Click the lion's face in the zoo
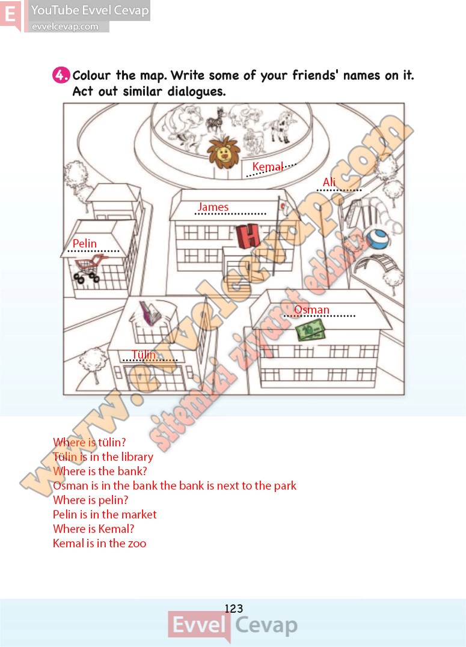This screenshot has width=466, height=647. point(224,153)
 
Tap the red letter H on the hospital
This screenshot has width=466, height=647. point(248,236)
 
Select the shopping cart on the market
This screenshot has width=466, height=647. point(88,269)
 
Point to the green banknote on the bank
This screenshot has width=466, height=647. point(310,330)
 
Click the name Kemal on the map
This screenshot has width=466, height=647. point(268,166)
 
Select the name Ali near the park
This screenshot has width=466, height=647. point(330,182)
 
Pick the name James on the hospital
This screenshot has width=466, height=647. point(213,207)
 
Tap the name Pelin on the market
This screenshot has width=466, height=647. point(85,243)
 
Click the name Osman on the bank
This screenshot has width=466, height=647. point(312,309)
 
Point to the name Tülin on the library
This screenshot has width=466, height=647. point(144,354)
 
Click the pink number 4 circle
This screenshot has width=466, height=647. point(61,76)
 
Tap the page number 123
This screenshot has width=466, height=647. point(234,608)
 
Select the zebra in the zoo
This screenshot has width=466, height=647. point(216,120)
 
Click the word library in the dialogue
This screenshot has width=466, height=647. point(137,457)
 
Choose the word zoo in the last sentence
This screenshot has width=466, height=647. point(136,544)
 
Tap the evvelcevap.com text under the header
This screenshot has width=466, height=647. point(66,27)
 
